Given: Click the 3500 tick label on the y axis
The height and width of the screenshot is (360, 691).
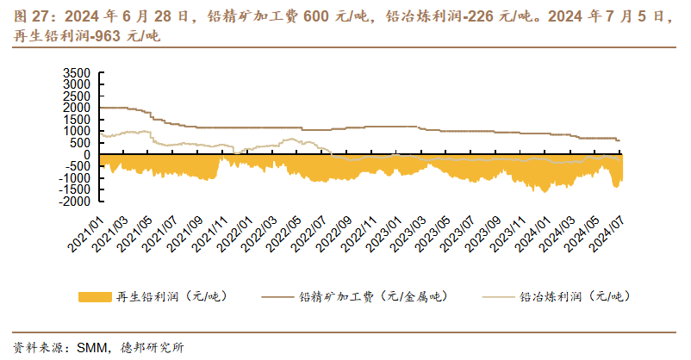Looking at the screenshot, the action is tap(77, 72).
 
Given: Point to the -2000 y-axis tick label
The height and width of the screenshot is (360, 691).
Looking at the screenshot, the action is tap(74, 201).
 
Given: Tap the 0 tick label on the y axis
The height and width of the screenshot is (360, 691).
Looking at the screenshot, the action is tap(87, 154).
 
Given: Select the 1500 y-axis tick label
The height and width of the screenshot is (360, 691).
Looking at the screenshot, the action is tap(77, 120).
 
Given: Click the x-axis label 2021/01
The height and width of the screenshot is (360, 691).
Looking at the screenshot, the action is tap(85, 234).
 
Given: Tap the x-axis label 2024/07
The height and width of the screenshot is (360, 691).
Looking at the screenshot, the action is tap(607, 234).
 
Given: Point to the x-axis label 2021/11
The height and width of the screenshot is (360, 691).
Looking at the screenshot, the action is tap(210, 234).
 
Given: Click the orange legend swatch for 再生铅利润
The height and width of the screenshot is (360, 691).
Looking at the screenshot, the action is tap(95, 296).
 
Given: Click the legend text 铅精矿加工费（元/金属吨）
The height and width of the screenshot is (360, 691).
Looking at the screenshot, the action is tap(373, 296).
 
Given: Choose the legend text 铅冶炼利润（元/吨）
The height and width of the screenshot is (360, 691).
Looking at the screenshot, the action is tap(575, 296).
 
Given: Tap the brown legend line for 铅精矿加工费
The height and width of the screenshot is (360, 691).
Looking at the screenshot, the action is tap(277, 297).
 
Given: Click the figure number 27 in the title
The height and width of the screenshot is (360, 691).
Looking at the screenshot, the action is tap(40, 16).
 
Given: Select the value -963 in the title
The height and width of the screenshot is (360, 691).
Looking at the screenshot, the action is tap(106, 36).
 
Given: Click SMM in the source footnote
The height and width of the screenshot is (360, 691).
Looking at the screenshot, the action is tap(91, 348).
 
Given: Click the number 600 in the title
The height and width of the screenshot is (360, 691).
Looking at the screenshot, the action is tap(315, 16).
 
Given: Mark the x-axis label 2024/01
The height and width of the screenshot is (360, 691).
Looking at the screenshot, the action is tap(532, 234).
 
